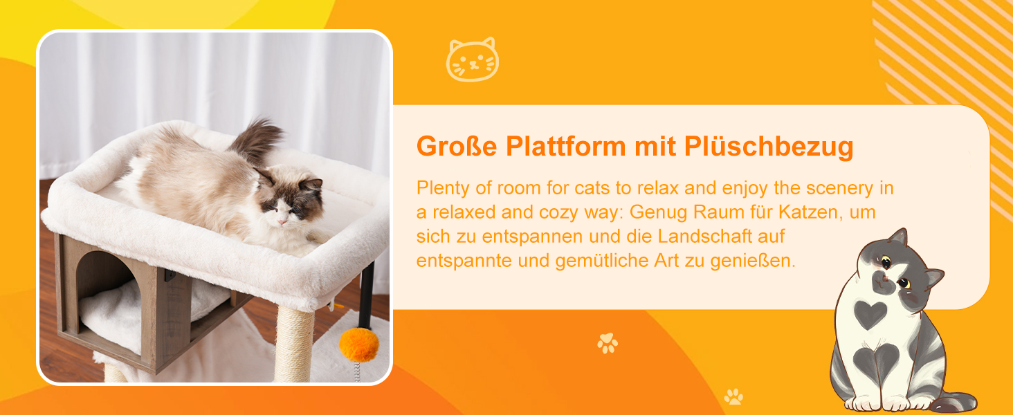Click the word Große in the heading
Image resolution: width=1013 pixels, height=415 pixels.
coord(456,146)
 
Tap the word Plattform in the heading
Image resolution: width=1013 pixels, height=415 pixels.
coord(565,146)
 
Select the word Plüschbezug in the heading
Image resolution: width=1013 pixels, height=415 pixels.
coord(768,147)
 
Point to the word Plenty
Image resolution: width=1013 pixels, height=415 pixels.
coord(443,189)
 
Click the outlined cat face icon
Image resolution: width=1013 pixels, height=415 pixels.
coord(472,59)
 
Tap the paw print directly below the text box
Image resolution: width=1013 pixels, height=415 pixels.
coord(608,343)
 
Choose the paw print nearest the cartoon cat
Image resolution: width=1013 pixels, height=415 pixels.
coord(733,396)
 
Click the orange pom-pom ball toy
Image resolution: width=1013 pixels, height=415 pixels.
coord(359,345)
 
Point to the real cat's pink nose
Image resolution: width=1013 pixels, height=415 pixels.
coord(282,222)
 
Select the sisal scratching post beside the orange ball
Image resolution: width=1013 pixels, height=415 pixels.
coord(294,344)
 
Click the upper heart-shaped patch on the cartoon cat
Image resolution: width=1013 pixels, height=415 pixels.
coord(870,314)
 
